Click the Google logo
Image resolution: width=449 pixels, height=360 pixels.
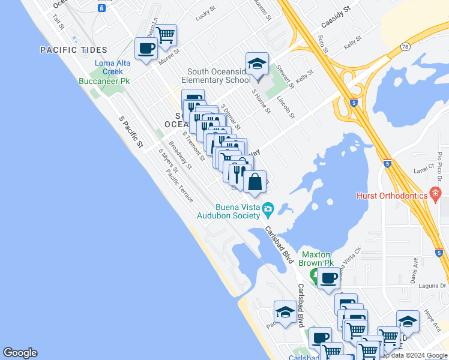[20, 353]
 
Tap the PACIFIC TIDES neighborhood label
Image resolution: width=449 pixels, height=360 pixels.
[74, 50]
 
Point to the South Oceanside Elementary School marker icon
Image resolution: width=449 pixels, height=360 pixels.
[257, 64]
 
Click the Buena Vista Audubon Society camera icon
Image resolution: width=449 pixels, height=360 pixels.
[268, 210]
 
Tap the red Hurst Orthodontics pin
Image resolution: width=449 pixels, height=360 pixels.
[436, 194]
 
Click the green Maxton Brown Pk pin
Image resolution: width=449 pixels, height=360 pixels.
[314, 275]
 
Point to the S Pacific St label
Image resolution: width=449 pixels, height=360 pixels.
[131, 133]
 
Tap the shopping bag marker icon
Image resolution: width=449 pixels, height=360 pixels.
[255, 181]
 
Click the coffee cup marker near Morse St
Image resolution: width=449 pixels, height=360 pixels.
[146, 48]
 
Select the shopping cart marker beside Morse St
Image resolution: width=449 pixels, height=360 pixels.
[165, 34]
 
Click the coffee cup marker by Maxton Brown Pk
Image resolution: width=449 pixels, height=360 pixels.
[329, 278]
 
